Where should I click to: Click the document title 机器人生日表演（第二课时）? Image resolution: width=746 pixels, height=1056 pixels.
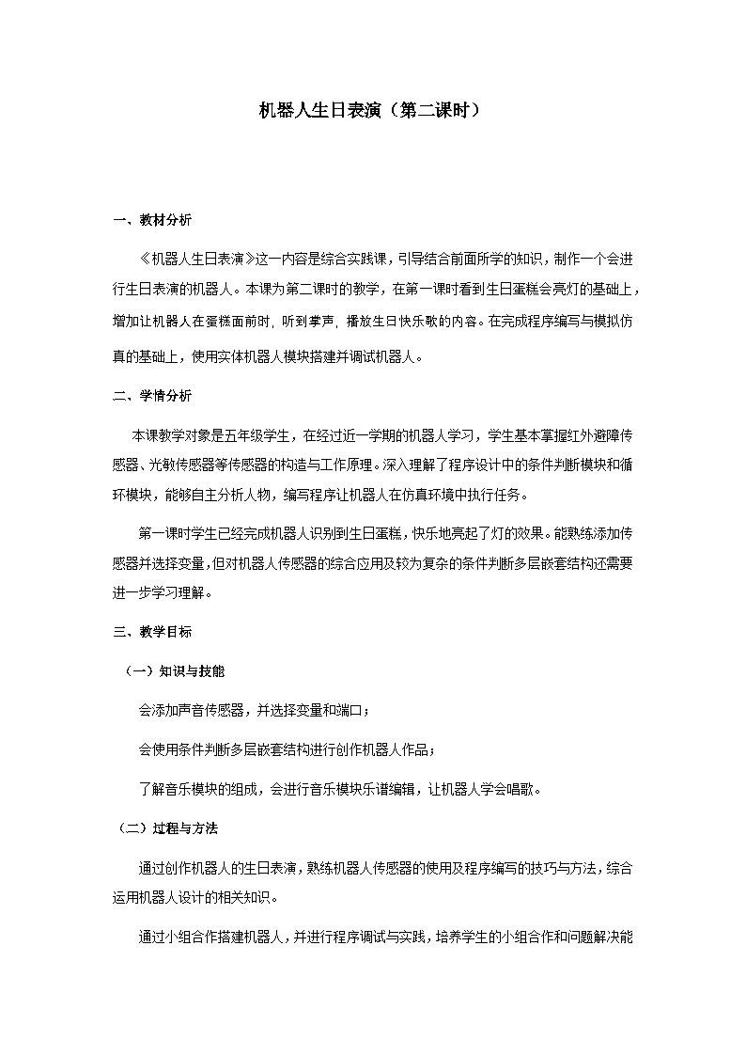click(x=372, y=110)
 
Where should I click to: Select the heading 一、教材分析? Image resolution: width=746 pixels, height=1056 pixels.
click(x=152, y=221)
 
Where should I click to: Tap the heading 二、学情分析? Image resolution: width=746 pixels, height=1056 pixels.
click(x=152, y=396)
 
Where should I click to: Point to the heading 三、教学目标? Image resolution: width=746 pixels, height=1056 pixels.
click(x=152, y=632)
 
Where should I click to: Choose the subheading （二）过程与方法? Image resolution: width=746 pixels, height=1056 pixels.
click(x=168, y=828)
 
